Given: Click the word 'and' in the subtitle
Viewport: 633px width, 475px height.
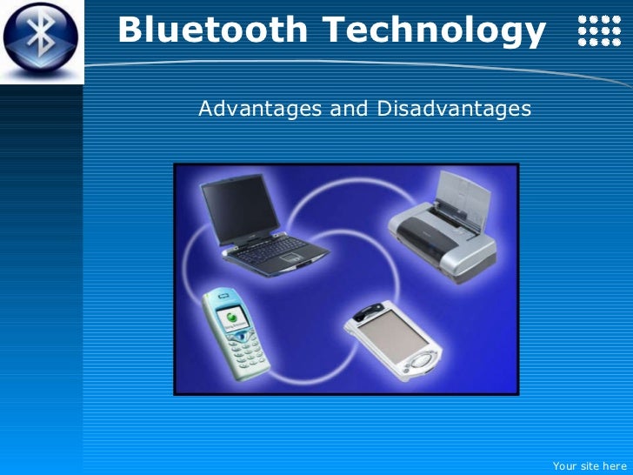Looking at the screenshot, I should click(346, 109).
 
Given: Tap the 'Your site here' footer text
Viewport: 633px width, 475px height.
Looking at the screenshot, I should click(589, 465).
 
